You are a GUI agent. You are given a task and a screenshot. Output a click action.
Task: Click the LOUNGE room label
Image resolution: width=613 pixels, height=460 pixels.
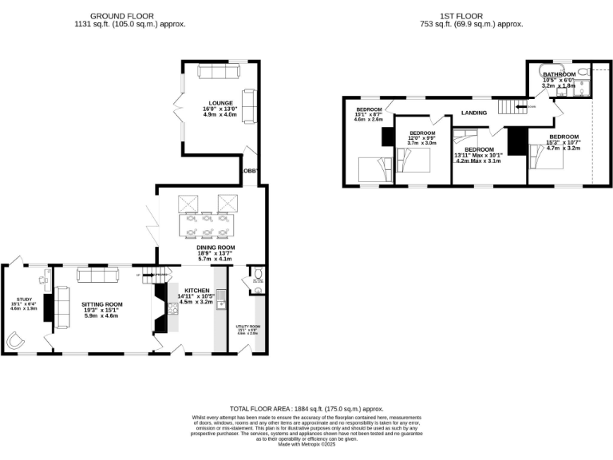[221, 103]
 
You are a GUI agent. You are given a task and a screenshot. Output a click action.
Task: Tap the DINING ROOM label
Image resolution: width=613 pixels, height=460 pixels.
[216, 248]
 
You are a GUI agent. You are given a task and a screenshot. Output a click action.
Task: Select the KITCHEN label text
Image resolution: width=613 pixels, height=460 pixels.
[196, 291]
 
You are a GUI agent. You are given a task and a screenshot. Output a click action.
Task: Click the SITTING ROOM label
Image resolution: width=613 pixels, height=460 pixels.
[102, 304]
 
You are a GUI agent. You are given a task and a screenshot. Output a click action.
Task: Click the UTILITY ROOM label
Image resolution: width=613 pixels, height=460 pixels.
[248, 327]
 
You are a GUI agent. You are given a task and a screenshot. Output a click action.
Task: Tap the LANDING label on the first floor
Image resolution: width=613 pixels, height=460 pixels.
[474, 113]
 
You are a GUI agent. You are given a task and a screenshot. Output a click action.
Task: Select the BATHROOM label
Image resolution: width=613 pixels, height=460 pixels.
[560, 74]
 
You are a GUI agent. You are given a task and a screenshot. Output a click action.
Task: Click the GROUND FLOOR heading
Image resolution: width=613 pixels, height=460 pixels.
[122, 15]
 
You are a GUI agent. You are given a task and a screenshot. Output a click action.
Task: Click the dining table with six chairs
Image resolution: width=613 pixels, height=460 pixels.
[207, 224]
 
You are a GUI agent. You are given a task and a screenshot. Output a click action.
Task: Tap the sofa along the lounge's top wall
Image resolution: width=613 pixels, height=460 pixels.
[218, 72]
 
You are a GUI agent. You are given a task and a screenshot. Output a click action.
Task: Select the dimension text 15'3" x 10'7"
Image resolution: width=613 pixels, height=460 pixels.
[563, 143]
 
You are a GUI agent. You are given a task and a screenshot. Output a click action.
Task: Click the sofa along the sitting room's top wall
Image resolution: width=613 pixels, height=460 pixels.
[97, 275]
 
